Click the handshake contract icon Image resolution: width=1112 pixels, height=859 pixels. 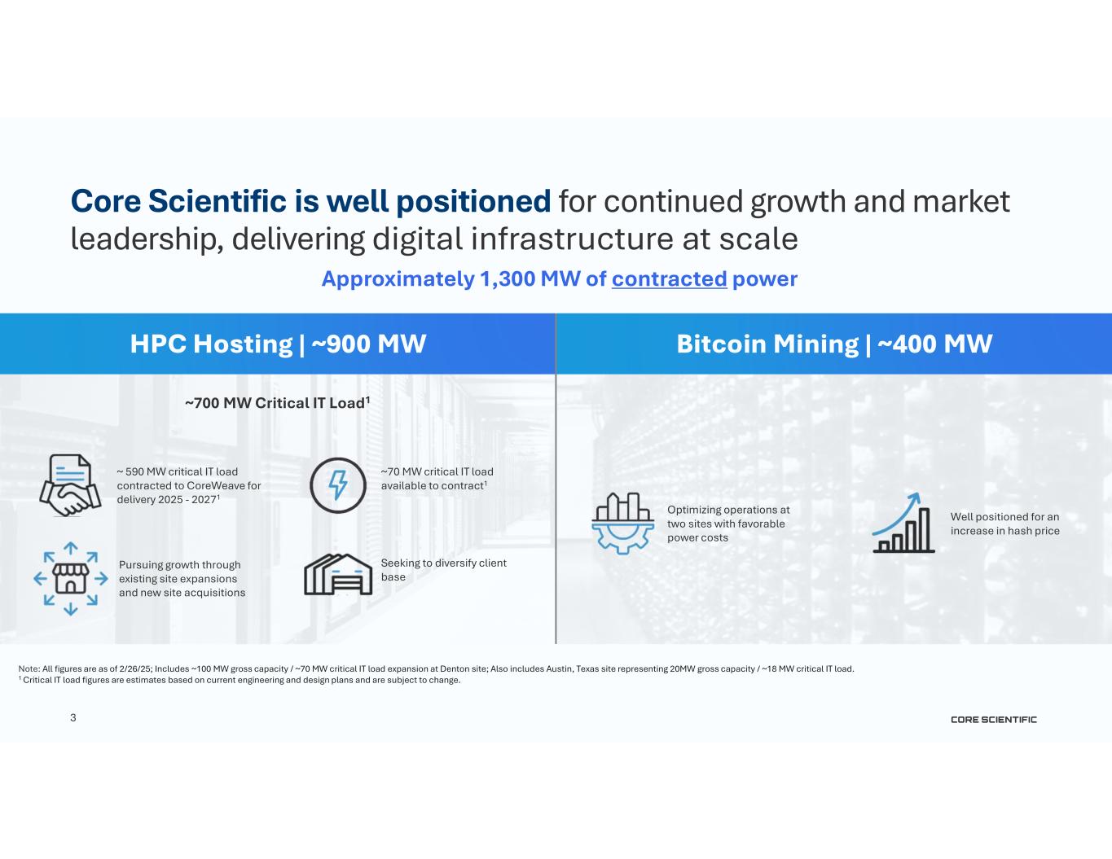[x=70, y=485]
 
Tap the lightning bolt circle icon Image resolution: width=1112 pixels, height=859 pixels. [x=338, y=485]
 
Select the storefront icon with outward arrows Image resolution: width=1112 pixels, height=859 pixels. [x=71, y=578]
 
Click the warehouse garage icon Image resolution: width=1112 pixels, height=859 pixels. [x=338, y=574]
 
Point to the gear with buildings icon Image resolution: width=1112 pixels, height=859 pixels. [x=622, y=524]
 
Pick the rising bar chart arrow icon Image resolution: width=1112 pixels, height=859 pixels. [x=903, y=523]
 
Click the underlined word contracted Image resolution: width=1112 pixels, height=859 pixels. [x=670, y=279]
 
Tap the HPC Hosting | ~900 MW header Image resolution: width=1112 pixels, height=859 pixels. [x=278, y=344]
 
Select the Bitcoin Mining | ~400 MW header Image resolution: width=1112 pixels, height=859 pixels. [x=834, y=344]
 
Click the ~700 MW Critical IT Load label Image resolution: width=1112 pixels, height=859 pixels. [x=277, y=403]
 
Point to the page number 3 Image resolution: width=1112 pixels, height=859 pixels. [x=73, y=718]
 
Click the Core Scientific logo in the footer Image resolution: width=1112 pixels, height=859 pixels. [x=994, y=720]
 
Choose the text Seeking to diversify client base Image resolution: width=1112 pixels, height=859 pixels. [x=443, y=570]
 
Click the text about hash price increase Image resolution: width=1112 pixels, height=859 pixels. [x=1005, y=524]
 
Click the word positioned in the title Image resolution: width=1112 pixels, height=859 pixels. [x=473, y=202]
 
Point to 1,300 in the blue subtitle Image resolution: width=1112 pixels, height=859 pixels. [x=508, y=279]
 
